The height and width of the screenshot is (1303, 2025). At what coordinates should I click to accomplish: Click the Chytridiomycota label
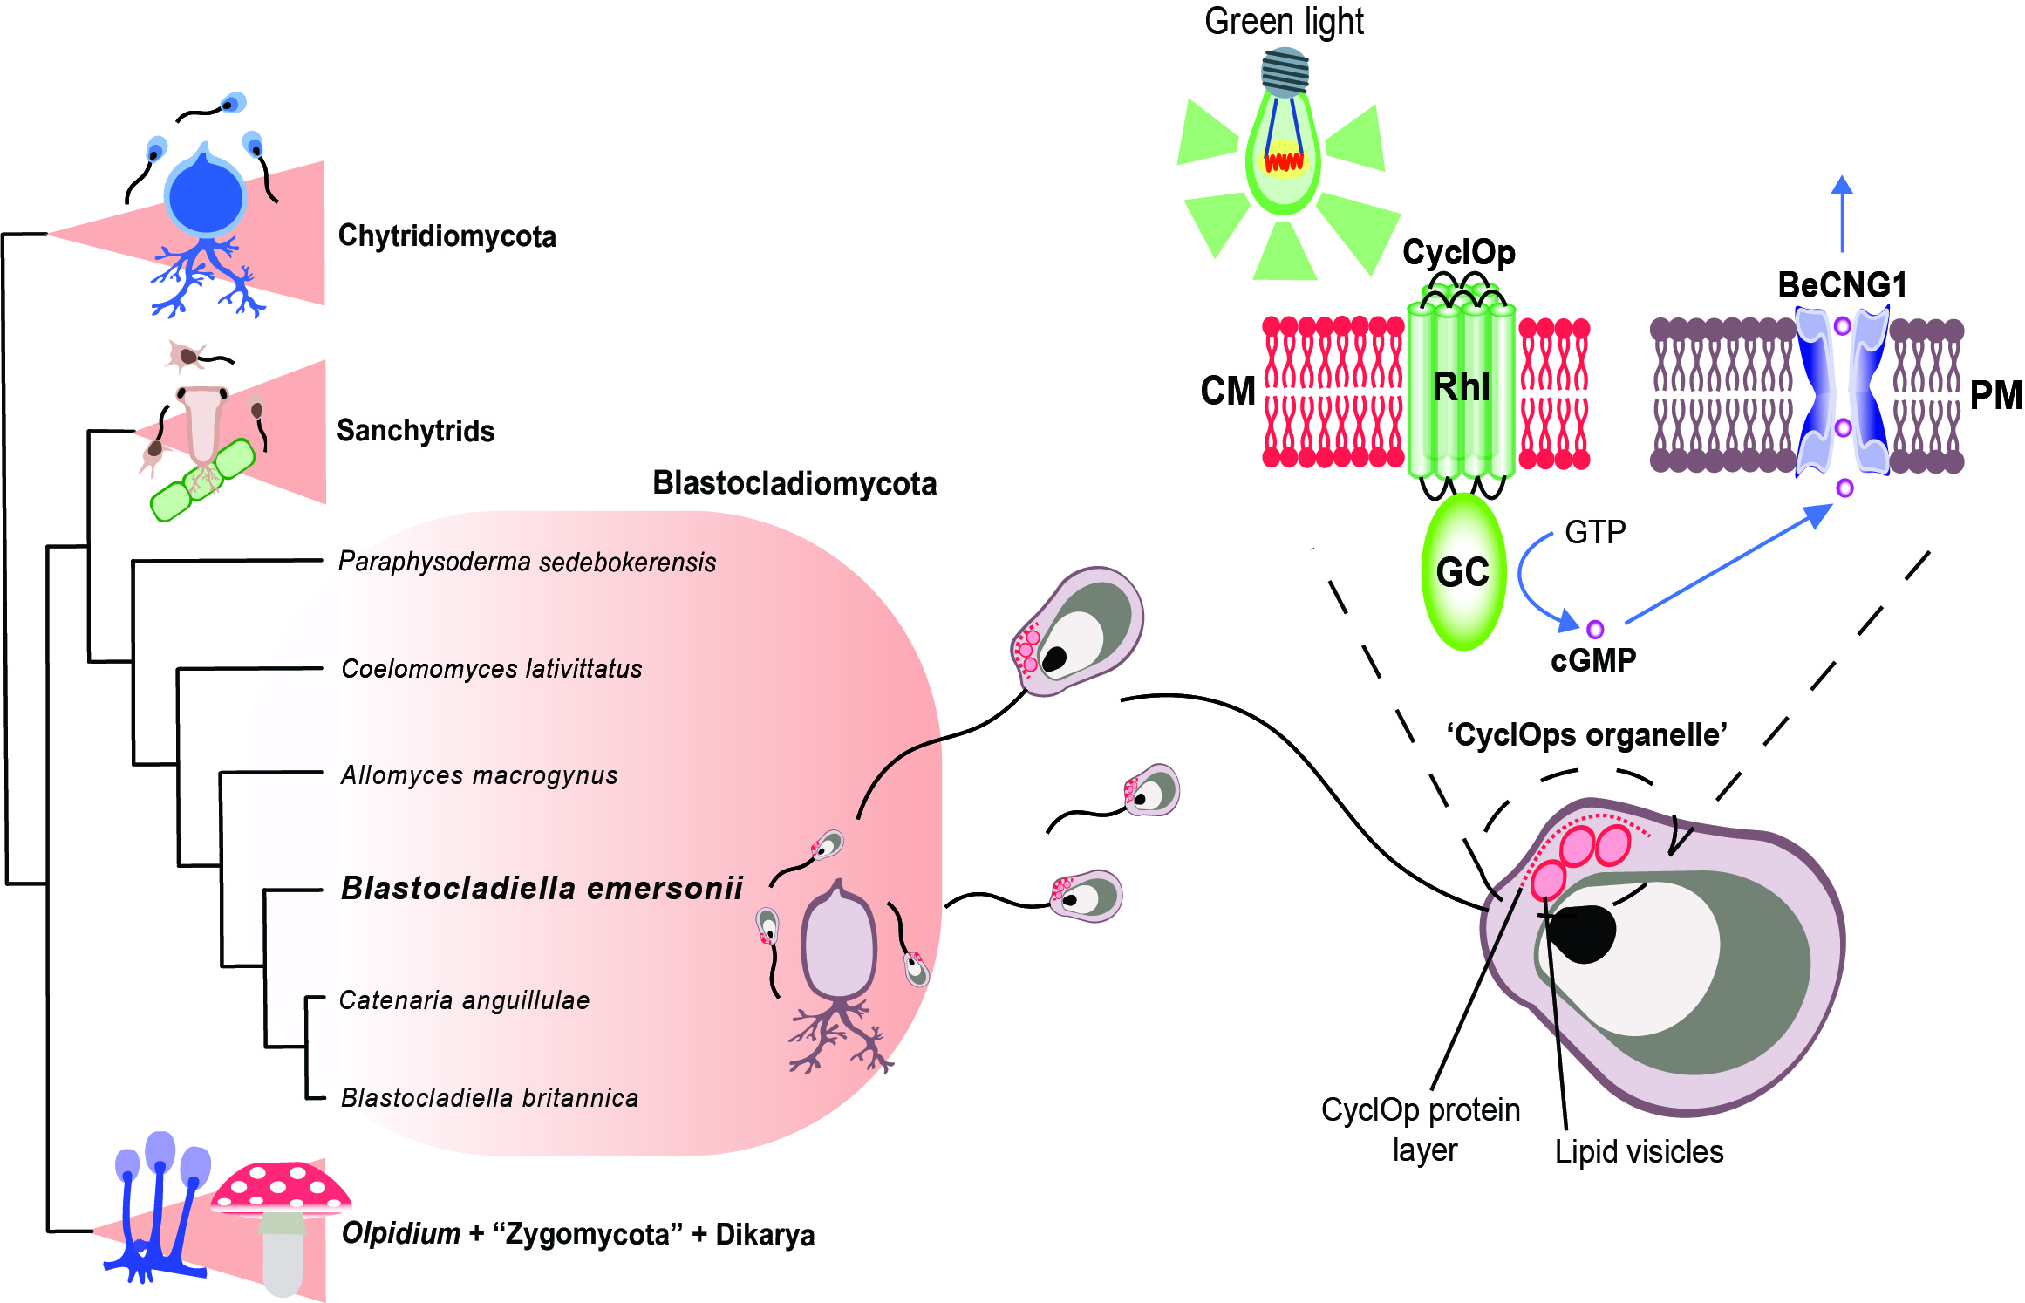pos(447,236)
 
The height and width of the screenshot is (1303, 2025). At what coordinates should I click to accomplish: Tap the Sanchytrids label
pos(415,431)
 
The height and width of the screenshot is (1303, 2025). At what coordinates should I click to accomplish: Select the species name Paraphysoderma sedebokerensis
pos(527,562)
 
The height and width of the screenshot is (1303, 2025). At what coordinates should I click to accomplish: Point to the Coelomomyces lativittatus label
pos(492,669)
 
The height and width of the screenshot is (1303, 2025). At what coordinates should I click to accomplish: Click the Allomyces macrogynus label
pos(480,775)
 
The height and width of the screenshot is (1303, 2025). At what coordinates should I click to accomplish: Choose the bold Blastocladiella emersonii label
pos(542,889)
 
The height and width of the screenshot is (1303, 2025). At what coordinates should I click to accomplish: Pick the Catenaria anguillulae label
pos(464,1000)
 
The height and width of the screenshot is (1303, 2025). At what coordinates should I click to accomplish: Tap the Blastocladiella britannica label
pos(489,1098)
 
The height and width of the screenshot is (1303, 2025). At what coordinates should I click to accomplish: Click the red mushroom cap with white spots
pos(281,1188)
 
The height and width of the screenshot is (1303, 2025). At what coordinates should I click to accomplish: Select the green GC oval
pos(1463,572)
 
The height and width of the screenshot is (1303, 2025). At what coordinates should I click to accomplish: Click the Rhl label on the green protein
pos(1462,387)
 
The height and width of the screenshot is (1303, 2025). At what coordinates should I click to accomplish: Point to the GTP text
pos(1595,532)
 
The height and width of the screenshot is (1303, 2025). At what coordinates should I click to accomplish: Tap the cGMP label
pos(1593,661)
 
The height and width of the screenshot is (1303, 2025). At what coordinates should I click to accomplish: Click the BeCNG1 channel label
pos(1842,285)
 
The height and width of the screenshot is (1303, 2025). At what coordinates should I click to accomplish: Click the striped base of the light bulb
pos(1285,72)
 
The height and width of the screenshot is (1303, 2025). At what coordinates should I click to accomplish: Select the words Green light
pos(1284,22)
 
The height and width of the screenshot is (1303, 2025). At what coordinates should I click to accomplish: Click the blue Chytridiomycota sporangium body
pos(206,199)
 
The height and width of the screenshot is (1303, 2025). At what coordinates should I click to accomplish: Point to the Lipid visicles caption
pos(1639,1152)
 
